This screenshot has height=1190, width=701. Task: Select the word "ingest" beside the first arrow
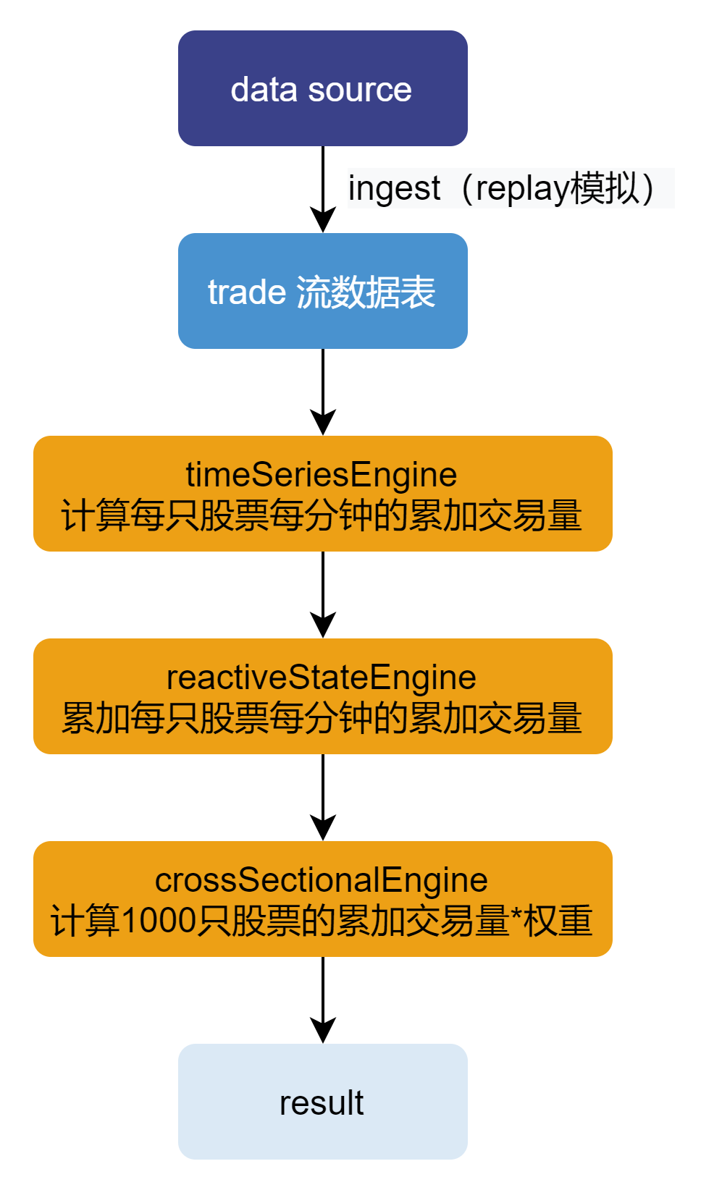click(x=394, y=189)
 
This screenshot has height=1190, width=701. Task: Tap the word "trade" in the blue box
click(x=247, y=292)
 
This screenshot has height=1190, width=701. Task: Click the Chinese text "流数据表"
click(x=366, y=292)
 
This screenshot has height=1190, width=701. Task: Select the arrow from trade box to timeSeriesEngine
click(x=323, y=392)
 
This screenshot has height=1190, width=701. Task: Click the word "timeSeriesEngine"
click(x=322, y=475)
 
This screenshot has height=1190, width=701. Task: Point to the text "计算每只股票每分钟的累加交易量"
click(x=322, y=516)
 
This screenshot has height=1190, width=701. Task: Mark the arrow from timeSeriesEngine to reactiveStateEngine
click(x=323, y=594)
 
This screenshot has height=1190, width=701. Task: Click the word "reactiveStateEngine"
click(x=322, y=678)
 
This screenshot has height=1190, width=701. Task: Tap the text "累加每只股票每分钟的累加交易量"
click(x=322, y=719)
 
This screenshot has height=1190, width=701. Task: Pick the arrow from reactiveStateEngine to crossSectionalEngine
click(x=323, y=797)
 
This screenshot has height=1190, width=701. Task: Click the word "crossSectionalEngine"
click(x=322, y=880)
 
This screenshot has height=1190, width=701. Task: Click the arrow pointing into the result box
click(x=323, y=1000)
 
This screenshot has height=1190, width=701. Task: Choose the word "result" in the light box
click(x=322, y=1103)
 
